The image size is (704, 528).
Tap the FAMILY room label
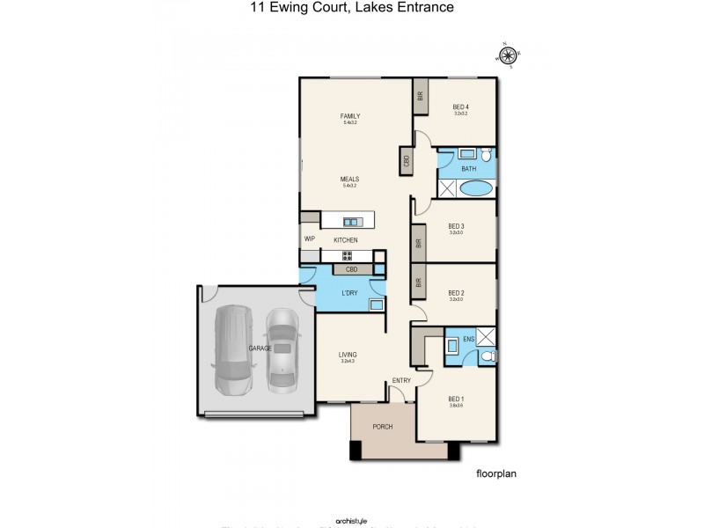coord(350,116)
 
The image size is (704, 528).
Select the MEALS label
coord(350,179)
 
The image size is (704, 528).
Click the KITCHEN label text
coord(345,240)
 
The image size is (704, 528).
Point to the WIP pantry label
coord(309,238)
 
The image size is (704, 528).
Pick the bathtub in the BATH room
coord(476,187)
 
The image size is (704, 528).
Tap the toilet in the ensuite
coord(487,356)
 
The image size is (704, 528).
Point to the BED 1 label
coord(456,398)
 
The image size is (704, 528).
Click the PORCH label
coord(382,427)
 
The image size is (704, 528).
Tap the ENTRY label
coord(402,380)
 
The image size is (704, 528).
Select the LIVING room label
coord(349,356)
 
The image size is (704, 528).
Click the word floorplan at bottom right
coord(495,473)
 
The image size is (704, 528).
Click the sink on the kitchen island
coord(351,222)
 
